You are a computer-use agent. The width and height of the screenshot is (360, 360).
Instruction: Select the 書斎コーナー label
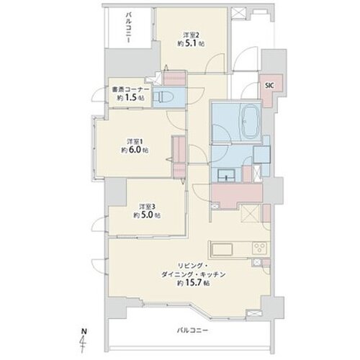tap(130, 89)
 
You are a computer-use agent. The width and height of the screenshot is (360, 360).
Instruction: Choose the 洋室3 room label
tap(145, 205)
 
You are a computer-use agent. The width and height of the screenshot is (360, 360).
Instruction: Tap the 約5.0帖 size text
tap(145, 214)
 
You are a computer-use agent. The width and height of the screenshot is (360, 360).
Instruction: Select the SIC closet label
tap(269, 84)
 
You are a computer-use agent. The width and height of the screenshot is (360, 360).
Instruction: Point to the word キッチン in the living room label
tap(219, 274)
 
